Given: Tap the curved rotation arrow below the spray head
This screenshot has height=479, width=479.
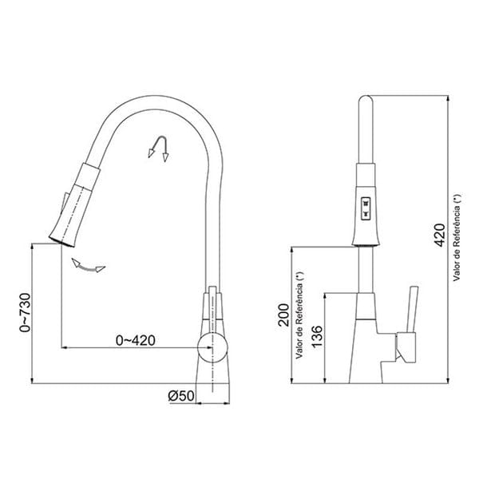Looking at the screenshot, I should pyautogui.click(x=88, y=266).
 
